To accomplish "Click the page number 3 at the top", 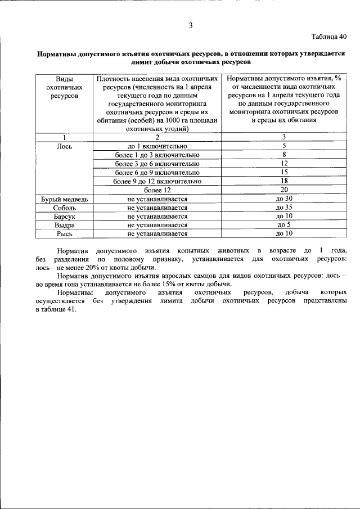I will point(191,25).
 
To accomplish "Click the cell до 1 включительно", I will point(157,145).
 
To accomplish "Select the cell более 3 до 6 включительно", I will point(157,163).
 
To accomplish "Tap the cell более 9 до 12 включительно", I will point(157,181).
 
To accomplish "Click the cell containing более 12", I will point(157,190).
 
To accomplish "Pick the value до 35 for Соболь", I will point(284,208).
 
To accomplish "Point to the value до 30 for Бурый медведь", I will point(284,199).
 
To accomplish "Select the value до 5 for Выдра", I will point(284,224).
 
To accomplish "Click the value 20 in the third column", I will point(284,190).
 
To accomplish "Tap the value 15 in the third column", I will point(284,172).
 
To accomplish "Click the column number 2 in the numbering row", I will point(157,137).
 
